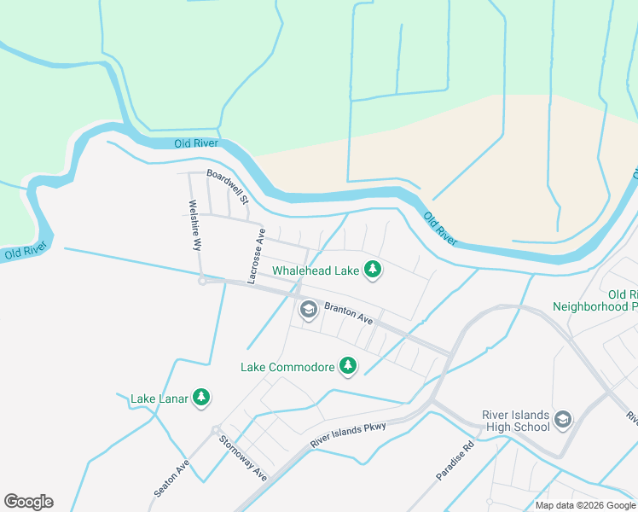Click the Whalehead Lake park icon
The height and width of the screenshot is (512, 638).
pyautogui.click(x=372, y=271)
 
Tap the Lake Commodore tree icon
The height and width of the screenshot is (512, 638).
pyautogui.click(x=347, y=367)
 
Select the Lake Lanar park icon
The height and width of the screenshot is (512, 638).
pyautogui.click(x=201, y=398)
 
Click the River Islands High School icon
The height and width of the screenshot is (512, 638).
pyautogui.click(x=562, y=419)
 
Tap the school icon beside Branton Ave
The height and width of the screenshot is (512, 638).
pyautogui.click(x=308, y=311)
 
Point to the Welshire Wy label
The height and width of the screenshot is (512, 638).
pyautogui.click(x=194, y=224)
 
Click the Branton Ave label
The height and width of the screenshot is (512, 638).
pyautogui.click(x=349, y=313)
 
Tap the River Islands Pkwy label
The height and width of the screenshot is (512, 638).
pyautogui.click(x=348, y=435)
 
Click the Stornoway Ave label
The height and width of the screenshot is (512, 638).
pyautogui.click(x=243, y=457)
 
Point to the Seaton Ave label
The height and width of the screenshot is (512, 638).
pyautogui.click(x=171, y=480)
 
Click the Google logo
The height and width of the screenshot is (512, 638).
pyautogui.click(x=28, y=502)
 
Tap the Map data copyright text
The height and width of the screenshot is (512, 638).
pyautogui.click(x=585, y=505)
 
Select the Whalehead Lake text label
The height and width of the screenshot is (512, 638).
pyautogui.click(x=316, y=271)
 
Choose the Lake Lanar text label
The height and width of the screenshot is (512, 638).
pyautogui.click(x=159, y=399)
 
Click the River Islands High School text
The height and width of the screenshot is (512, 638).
pyautogui.click(x=515, y=420)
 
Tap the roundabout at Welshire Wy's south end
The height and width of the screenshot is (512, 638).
pyautogui.click(x=201, y=281)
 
